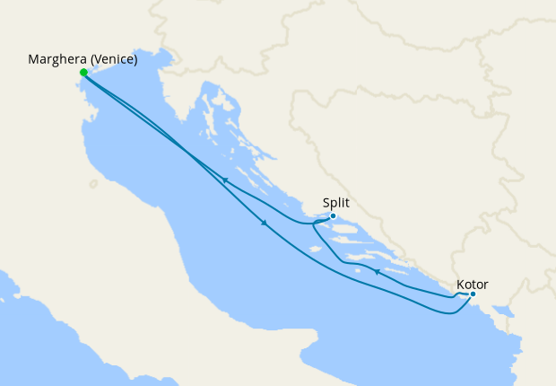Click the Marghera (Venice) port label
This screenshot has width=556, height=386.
(x=83, y=60)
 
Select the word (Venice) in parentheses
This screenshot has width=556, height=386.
(x=116, y=60)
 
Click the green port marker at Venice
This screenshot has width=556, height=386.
(x=83, y=73)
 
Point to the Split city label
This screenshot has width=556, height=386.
(x=336, y=203)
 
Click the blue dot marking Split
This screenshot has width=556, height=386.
(x=333, y=215)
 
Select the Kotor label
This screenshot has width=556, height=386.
(x=472, y=284)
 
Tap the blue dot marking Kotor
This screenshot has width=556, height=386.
(x=473, y=294)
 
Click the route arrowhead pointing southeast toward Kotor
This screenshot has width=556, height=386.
(x=264, y=224)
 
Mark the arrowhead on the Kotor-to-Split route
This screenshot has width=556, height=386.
(x=378, y=272)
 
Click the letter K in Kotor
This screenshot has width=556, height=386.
(x=460, y=284)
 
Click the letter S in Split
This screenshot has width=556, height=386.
(x=326, y=203)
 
